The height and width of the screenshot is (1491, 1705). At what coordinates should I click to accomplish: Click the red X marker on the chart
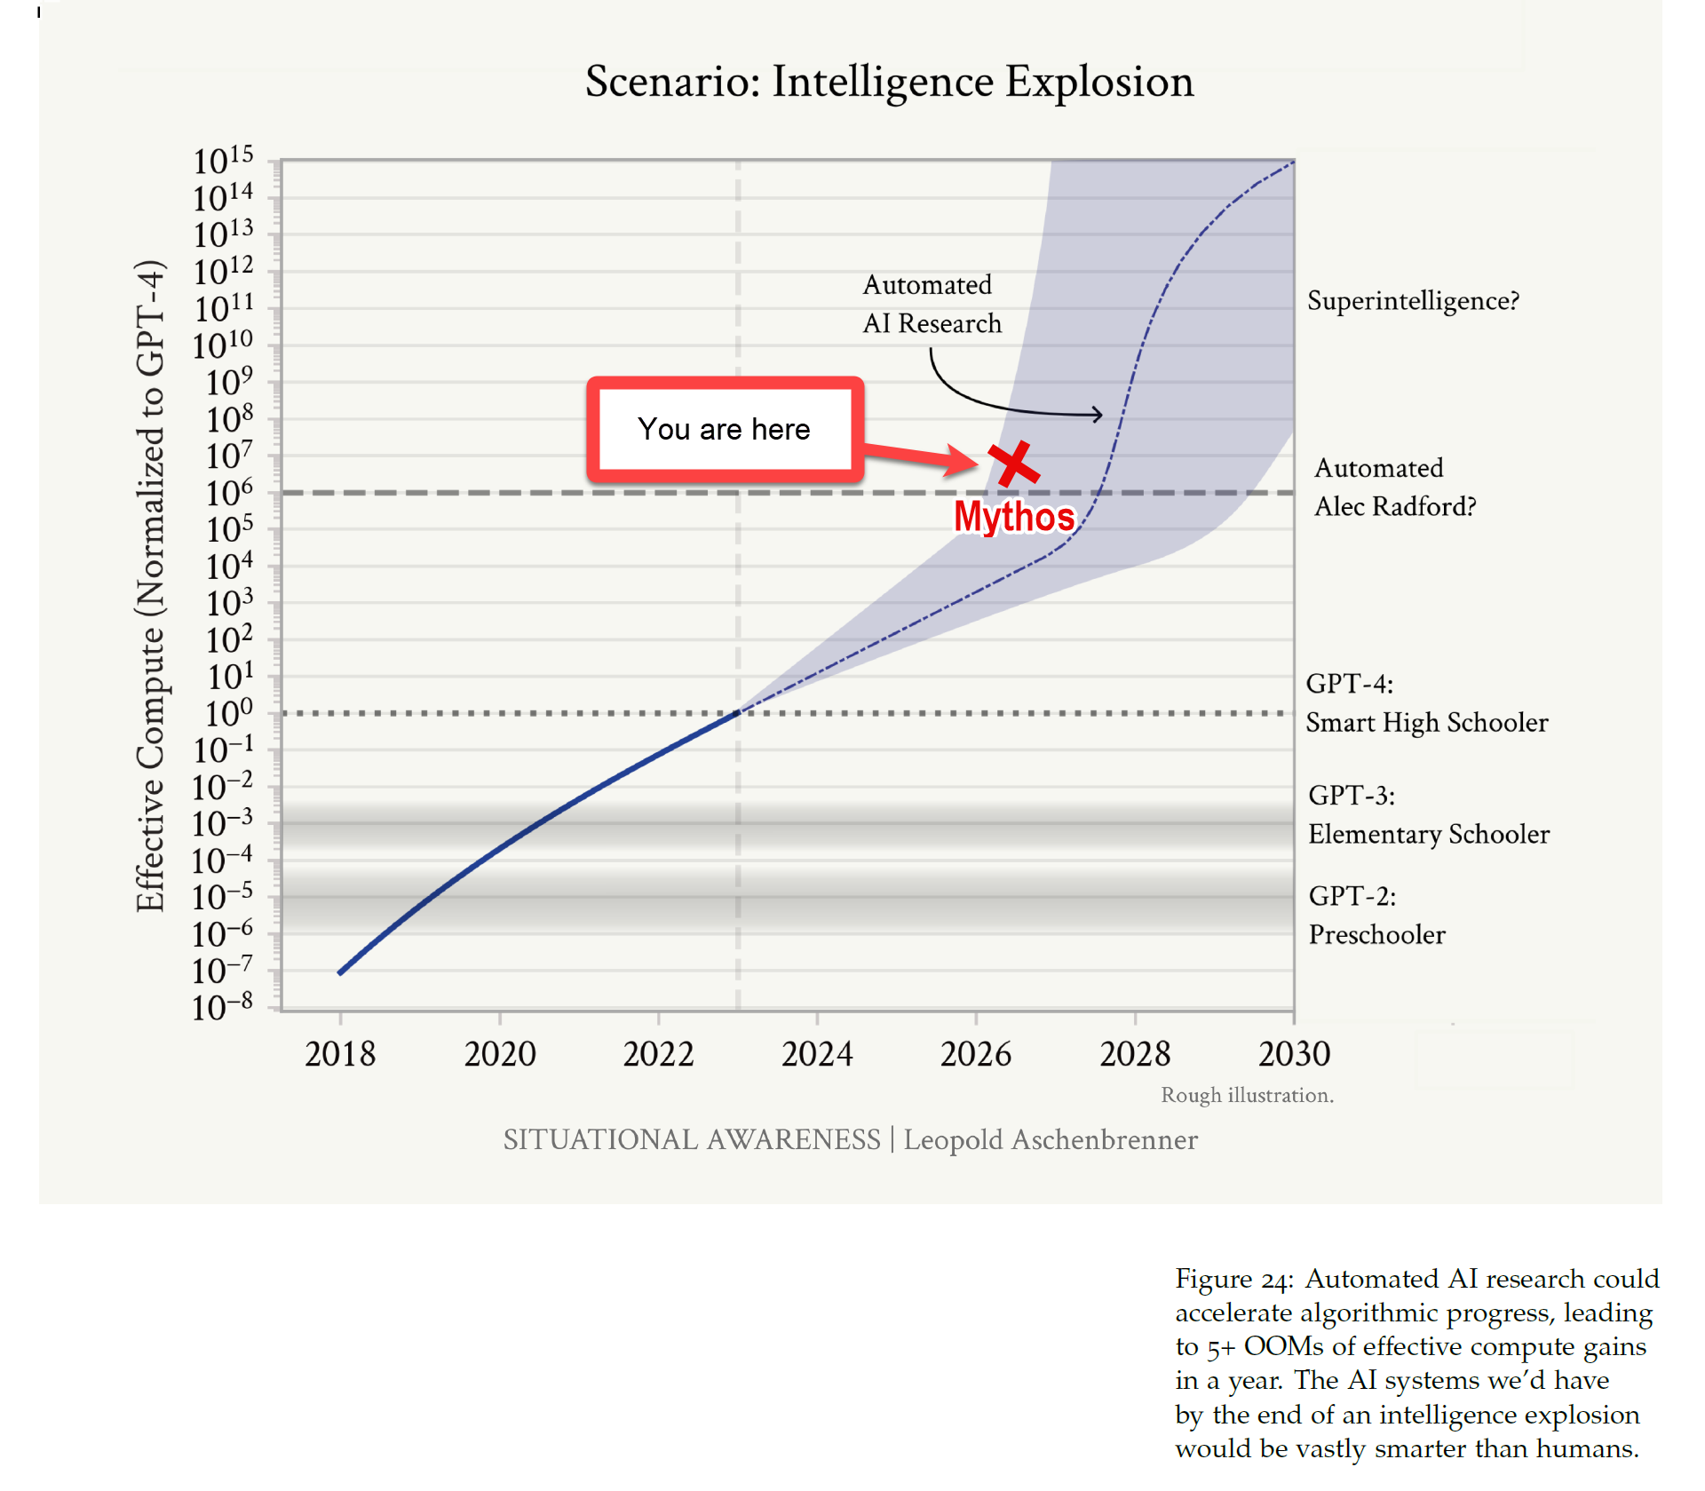(x=1013, y=464)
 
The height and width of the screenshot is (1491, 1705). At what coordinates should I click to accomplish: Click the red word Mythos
(x=1014, y=517)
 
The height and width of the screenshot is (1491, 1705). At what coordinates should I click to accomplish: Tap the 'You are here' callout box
(x=724, y=430)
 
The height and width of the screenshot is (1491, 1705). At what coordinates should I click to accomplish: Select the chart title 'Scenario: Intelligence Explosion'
(x=889, y=82)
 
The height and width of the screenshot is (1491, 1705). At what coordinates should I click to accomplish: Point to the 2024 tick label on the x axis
(x=816, y=1054)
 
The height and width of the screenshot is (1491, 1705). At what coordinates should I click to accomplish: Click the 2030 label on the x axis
(x=1294, y=1054)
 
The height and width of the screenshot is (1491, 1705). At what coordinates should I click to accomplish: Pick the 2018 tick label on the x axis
(x=340, y=1054)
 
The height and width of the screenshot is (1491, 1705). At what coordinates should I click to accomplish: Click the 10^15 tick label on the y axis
(x=223, y=161)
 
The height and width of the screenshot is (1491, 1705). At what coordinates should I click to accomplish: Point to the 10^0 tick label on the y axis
(x=228, y=713)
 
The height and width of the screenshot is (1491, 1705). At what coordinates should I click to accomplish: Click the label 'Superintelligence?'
(x=1413, y=301)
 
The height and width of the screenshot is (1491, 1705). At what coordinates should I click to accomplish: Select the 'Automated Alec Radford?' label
(x=1394, y=487)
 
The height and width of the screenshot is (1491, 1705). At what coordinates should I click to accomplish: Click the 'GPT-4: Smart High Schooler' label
(x=1426, y=703)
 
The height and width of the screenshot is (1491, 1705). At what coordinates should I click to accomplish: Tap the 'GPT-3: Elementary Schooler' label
(x=1428, y=814)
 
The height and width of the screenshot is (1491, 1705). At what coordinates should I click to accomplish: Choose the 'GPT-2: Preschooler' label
(x=1376, y=915)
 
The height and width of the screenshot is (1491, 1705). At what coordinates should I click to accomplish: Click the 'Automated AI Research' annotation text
(x=931, y=305)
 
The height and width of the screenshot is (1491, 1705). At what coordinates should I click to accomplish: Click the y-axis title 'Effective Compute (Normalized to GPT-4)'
(x=150, y=586)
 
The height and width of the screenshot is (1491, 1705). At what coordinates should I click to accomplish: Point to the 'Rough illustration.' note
(x=1247, y=1095)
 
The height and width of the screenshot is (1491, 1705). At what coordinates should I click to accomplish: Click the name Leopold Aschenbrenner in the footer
(x=1050, y=1140)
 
